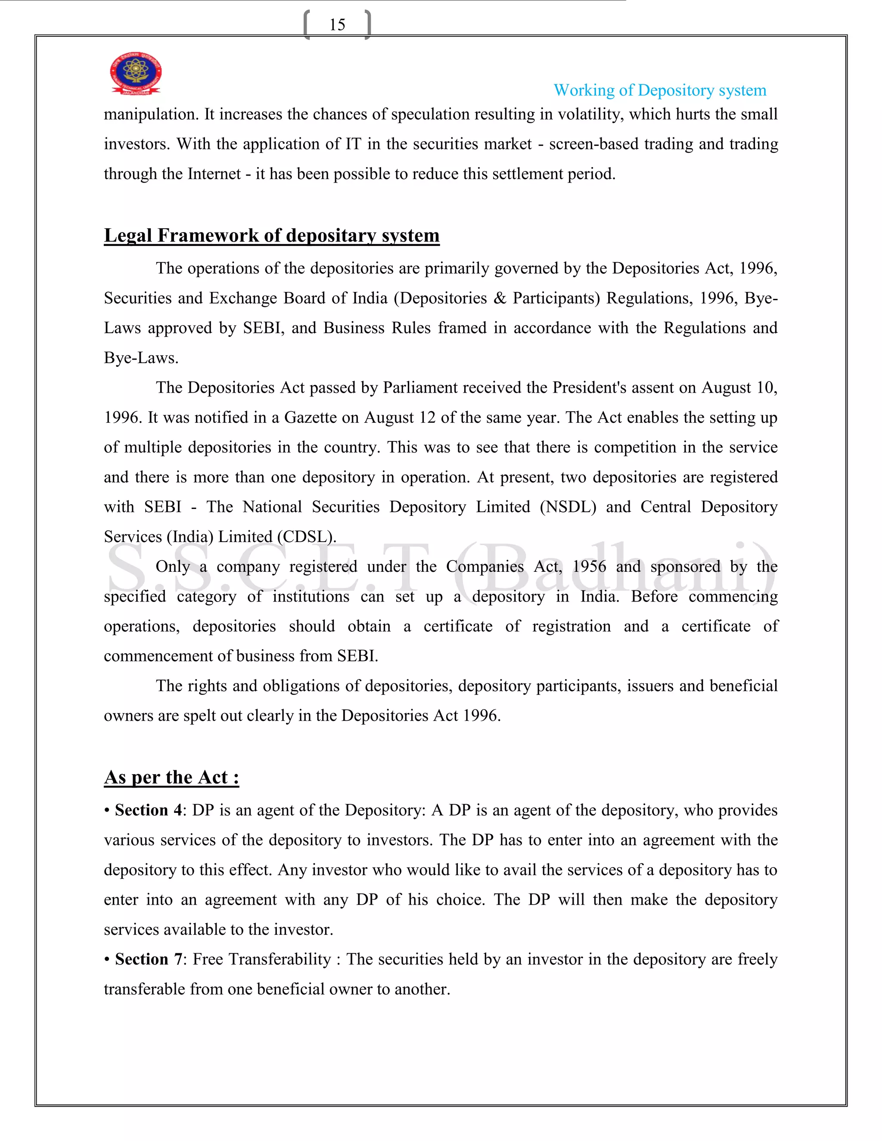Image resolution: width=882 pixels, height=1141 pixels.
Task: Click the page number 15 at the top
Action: point(337,25)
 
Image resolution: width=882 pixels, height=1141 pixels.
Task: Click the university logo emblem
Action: point(135,73)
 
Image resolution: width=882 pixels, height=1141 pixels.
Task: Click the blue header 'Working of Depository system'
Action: point(659,90)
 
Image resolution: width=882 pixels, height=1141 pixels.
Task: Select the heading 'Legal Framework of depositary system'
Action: point(271,236)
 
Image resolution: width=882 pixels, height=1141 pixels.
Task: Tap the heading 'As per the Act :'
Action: point(171,777)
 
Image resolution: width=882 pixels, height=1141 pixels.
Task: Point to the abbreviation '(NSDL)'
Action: point(568,507)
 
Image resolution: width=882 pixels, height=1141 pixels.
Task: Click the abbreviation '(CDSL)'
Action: point(307,537)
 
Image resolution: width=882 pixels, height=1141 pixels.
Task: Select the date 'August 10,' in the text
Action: point(739,388)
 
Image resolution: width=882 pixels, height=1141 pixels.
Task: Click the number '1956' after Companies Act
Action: point(589,567)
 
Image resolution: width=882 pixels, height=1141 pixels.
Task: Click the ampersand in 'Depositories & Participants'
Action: point(500,298)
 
